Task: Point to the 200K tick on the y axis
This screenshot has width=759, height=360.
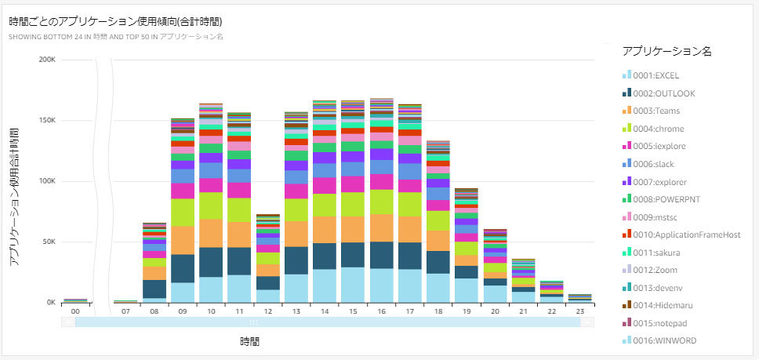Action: tap(46, 60)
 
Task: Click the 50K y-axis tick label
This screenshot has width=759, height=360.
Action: tap(48, 242)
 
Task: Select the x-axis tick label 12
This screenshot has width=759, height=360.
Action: tap(268, 311)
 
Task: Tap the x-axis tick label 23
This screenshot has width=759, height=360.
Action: tap(580, 311)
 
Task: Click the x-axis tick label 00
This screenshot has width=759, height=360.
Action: tap(75, 311)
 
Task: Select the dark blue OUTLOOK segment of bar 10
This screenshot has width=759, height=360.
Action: tap(211, 262)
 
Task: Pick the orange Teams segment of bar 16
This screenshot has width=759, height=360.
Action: tap(381, 227)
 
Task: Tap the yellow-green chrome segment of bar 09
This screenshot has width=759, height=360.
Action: tap(183, 212)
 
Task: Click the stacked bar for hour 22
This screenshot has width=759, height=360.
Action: tap(551, 292)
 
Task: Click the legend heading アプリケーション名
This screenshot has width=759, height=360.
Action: tap(666, 51)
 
